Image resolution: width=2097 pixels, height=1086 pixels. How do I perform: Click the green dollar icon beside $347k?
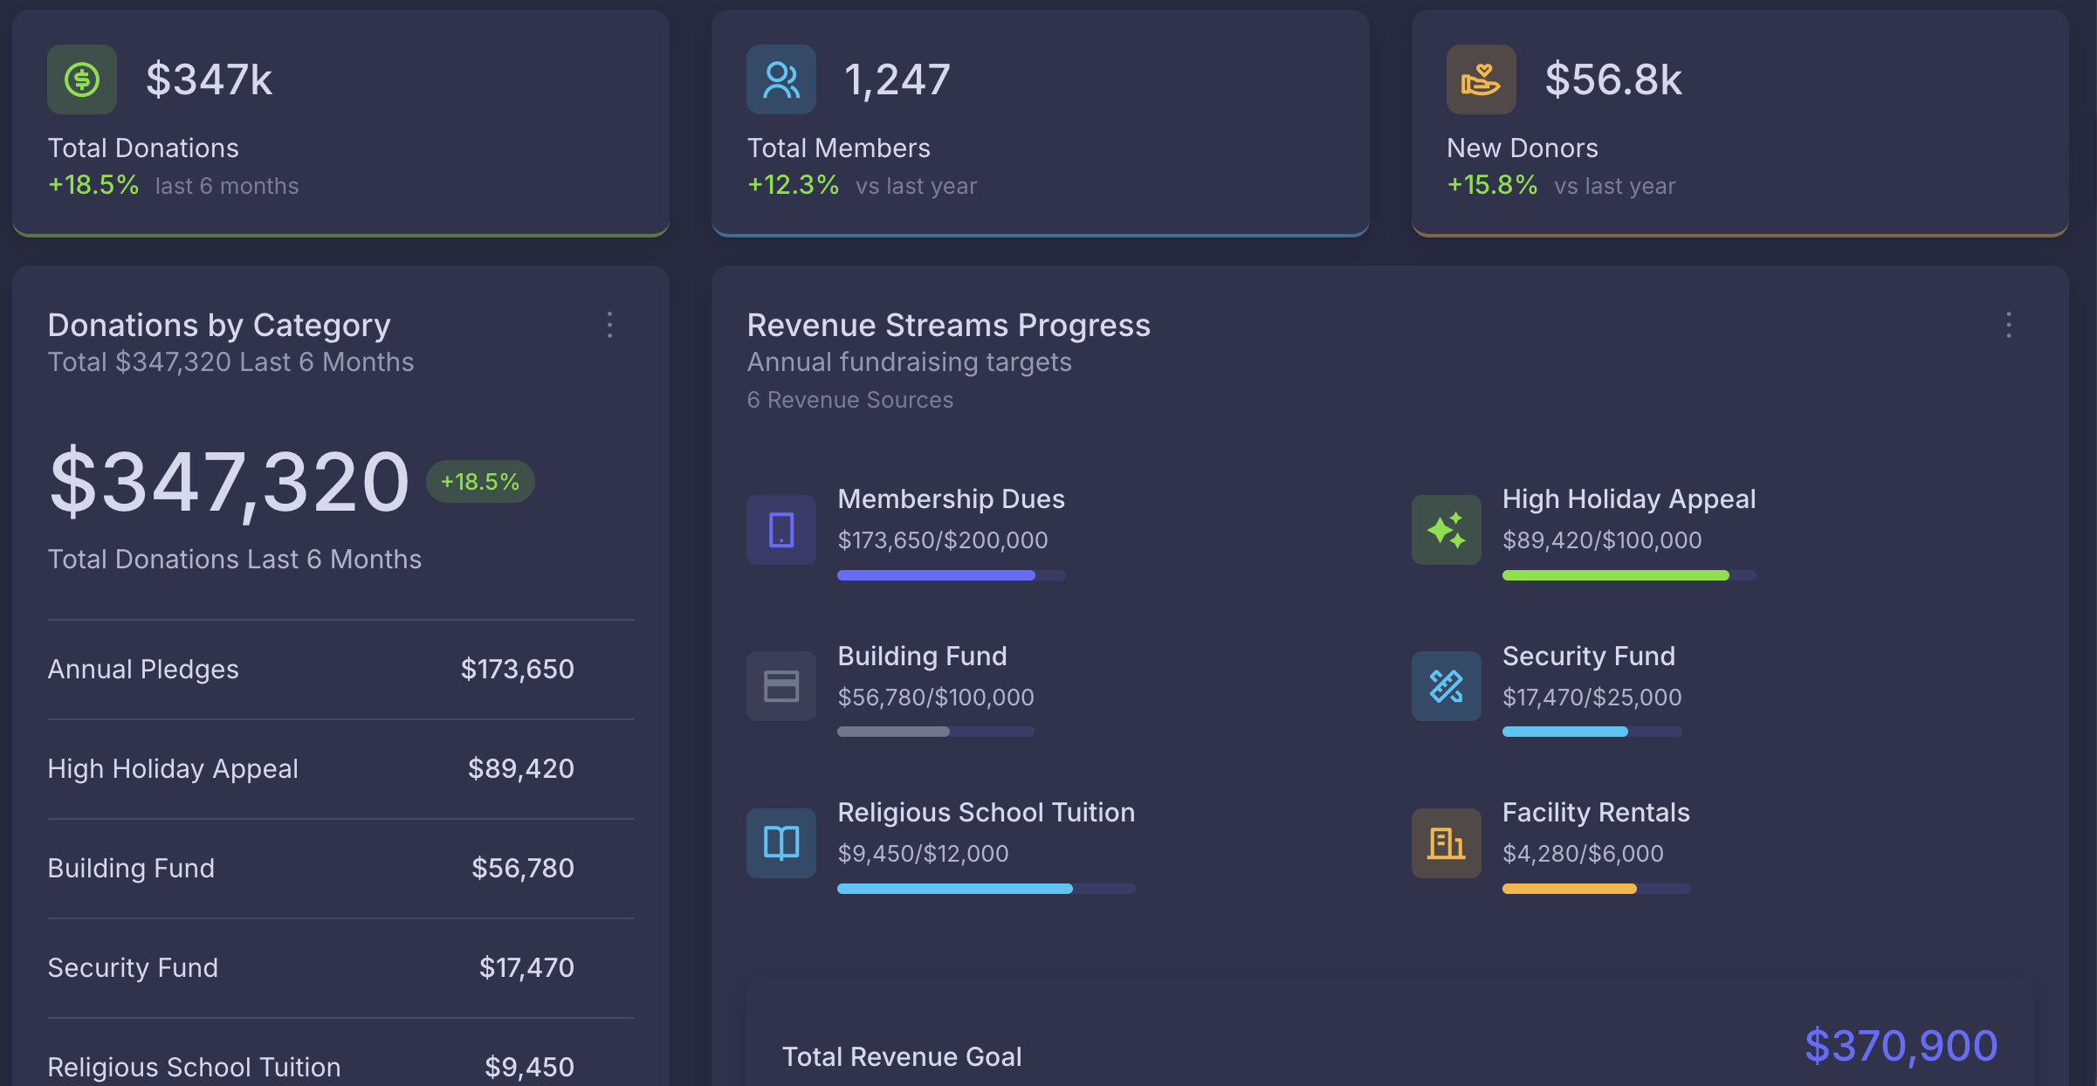pos(82,79)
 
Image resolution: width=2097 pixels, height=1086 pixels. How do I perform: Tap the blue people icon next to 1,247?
pos(781,79)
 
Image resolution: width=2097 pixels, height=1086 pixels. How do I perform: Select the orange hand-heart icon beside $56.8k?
pos(1482,79)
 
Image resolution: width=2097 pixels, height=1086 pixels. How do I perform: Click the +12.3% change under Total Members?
pos(794,185)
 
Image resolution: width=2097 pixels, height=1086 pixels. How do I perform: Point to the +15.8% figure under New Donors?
pos(1493,185)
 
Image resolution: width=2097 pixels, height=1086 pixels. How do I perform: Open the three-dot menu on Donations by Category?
pos(610,325)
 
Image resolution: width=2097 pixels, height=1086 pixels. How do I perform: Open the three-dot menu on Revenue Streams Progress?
pos(2009,325)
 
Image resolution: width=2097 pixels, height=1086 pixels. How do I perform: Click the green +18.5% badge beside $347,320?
pos(480,481)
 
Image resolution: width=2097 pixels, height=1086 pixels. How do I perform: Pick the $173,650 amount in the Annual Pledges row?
pos(518,669)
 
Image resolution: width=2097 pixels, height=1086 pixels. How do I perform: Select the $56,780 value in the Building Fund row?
pos(523,868)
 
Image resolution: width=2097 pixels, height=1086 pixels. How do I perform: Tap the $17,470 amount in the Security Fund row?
pos(526,967)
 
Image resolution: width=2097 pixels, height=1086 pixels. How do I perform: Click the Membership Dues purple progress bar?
pos(952,575)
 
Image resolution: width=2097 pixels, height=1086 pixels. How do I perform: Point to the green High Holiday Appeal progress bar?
pos(1629,575)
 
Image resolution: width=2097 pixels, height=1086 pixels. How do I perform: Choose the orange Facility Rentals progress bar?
pos(1596,889)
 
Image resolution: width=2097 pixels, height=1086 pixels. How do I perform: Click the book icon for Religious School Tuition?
pos(781,842)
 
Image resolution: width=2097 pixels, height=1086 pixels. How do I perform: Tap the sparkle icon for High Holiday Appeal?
pos(1447,530)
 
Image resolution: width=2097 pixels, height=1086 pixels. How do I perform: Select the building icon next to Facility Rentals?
pos(1447,842)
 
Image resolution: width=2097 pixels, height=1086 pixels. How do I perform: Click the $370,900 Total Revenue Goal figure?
pos(1901,1046)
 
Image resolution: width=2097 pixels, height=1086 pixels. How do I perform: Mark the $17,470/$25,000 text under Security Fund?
pos(1592,697)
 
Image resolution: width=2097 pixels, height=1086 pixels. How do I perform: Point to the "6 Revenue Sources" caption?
pos(850,400)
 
